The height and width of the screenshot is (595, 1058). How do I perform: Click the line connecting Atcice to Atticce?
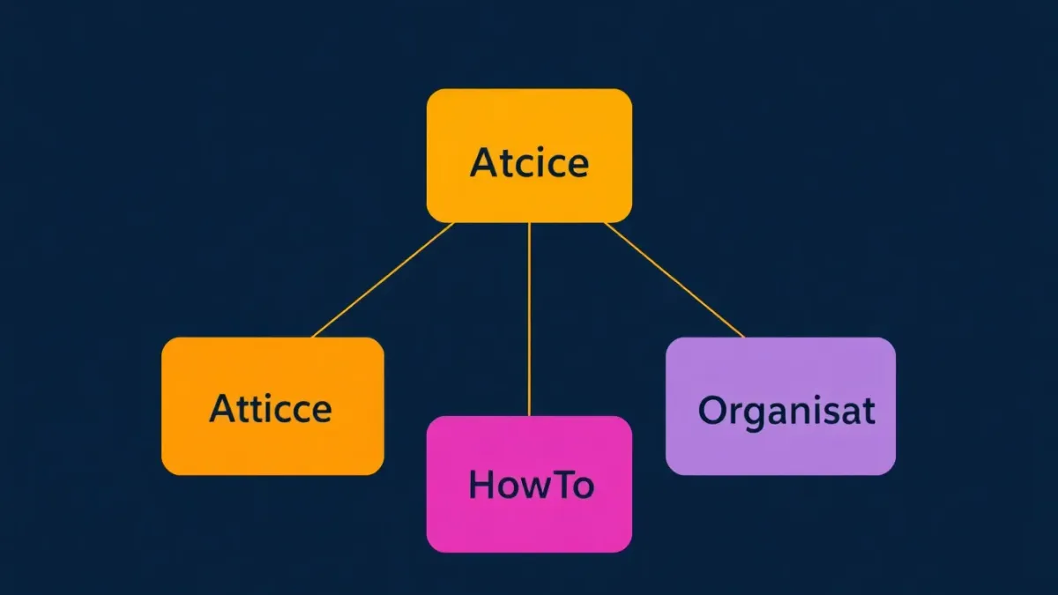pyautogui.click(x=384, y=279)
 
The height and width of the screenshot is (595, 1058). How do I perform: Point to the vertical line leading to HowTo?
pyautogui.click(x=529, y=317)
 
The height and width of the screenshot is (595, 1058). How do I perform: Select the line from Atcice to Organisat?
pyautogui.click(x=674, y=279)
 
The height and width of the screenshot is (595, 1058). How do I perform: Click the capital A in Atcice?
pyautogui.click(x=481, y=162)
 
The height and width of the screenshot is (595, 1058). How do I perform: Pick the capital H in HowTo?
pyautogui.click(x=480, y=485)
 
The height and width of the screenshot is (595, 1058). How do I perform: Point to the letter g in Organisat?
pyautogui.click(x=751, y=415)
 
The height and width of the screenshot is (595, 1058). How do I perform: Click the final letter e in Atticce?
pyautogui.click(x=320, y=411)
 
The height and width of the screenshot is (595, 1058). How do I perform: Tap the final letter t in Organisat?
pyautogui.click(x=868, y=411)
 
